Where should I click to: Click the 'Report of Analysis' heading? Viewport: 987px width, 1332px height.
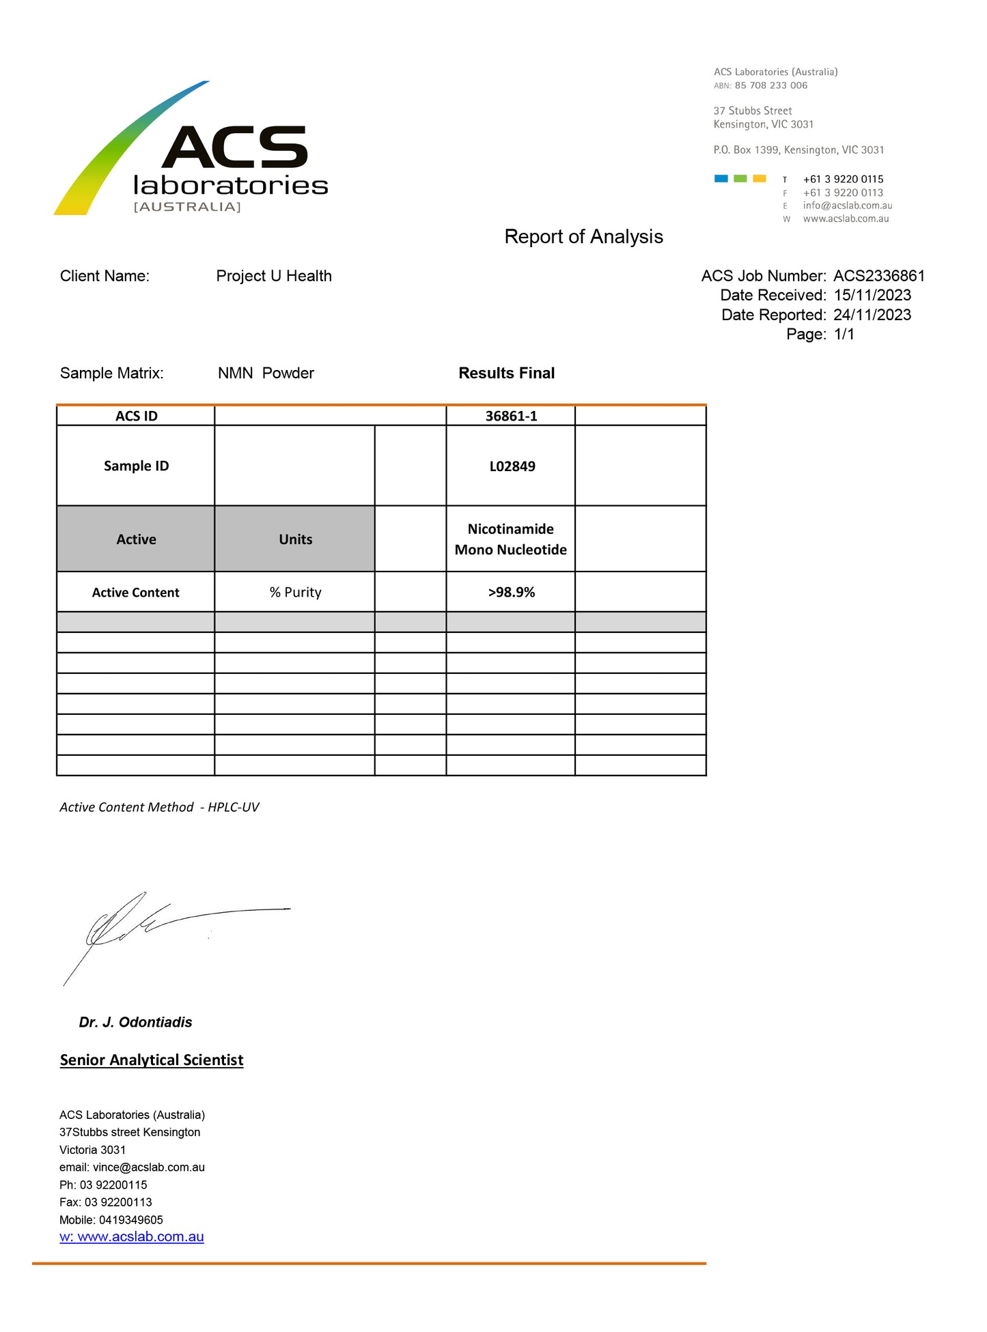(583, 236)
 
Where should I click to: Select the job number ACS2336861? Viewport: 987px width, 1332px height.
(878, 276)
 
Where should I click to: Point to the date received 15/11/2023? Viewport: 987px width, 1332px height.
(872, 295)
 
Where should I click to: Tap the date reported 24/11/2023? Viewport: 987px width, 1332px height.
(872, 315)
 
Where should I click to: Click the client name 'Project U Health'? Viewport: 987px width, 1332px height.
(274, 276)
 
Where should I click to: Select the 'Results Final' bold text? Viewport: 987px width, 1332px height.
(506, 373)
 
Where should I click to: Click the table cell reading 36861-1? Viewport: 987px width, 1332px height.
(511, 416)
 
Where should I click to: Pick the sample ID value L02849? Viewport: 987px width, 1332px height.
(512, 466)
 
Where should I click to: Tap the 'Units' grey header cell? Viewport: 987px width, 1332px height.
(295, 539)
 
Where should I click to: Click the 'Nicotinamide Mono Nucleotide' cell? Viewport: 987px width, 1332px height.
(511, 539)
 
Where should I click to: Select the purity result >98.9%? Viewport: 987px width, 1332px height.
(511, 592)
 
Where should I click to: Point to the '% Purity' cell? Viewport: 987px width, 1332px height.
(295, 592)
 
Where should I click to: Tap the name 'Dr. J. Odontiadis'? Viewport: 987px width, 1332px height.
(135, 1022)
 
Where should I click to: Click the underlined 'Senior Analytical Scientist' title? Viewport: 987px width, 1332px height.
(152, 1060)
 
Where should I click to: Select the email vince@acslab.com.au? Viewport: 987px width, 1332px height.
(148, 1167)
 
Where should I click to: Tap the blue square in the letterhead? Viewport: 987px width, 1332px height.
(721, 179)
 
